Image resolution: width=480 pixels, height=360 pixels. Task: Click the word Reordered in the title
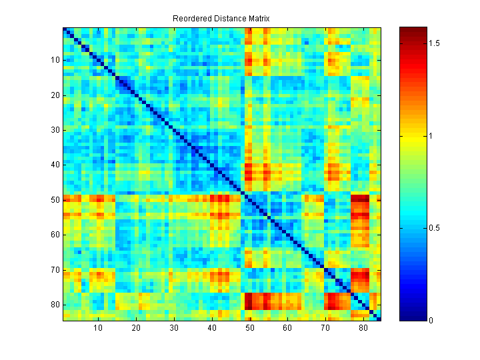coord(192,18)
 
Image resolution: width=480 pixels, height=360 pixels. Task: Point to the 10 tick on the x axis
coord(98,328)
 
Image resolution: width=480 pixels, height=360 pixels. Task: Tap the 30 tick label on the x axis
coord(174,328)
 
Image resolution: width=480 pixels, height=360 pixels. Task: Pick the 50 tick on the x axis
coord(250,328)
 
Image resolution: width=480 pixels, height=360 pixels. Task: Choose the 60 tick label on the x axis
coord(287,328)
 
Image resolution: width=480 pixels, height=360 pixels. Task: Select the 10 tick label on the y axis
coord(55,60)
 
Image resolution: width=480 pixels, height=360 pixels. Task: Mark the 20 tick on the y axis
coord(55,95)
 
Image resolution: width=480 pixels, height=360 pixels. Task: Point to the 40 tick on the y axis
coord(55,165)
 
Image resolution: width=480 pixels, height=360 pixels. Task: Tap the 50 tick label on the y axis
coord(55,199)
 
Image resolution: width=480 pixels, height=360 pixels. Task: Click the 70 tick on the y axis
coord(55,270)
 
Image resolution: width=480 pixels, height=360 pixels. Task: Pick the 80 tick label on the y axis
coord(55,305)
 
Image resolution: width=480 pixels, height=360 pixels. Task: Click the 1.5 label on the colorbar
coord(435,43)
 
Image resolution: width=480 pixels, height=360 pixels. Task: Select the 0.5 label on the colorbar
coord(435,228)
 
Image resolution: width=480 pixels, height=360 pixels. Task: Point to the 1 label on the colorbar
coord(431,136)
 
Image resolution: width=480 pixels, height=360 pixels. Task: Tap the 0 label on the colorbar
coord(431,321)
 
